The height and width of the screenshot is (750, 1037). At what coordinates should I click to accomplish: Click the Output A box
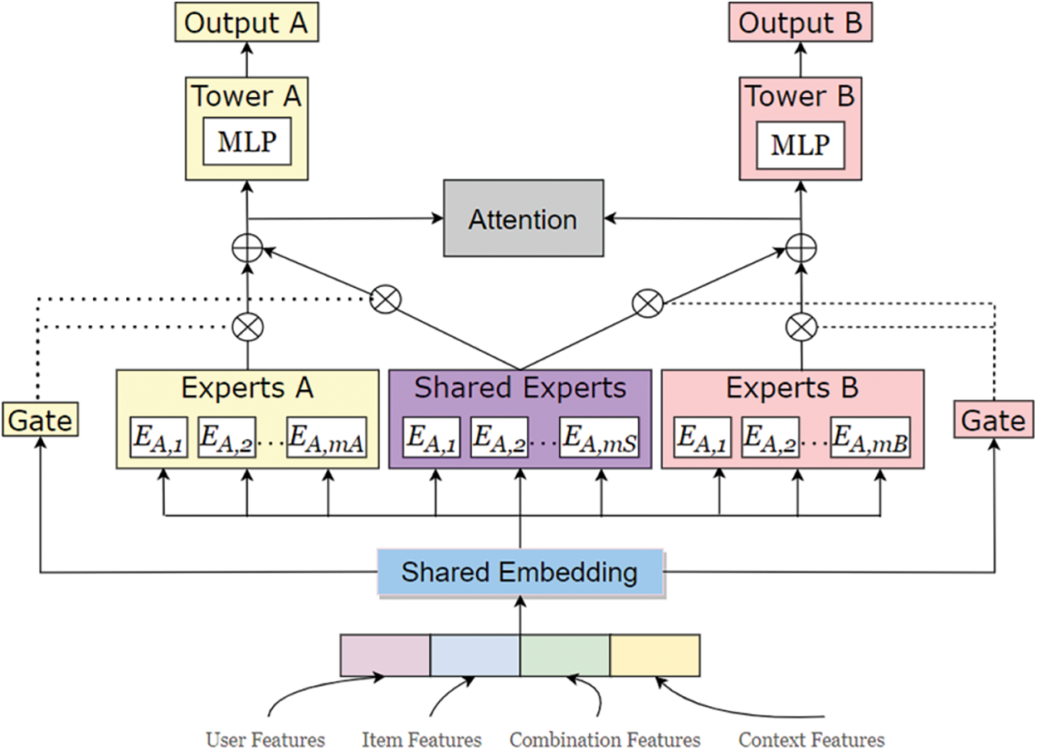pyautogui.click(x=246, y=23)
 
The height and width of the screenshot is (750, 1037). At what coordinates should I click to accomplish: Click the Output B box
pyautogui.click(x=800, y=23)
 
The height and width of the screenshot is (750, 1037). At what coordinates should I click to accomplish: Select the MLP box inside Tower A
pyautogui.click(x=246, y=144)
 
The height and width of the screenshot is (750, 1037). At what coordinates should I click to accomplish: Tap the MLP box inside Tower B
pyautogui.click(x=800, y=144)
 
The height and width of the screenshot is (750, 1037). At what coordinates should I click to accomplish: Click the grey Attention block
pyautogui.click(x=523, y=220)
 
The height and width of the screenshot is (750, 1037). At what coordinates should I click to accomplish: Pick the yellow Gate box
pyautogui.click(x=39, y=420)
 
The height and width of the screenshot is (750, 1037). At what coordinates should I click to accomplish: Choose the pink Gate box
pyautogui.click(x=992, y=420)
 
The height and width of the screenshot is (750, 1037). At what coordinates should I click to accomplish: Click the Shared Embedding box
pyautogui.click(x=520, y=572)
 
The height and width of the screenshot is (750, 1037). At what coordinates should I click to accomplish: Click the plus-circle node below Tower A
pyautogui.click(x=247, y=247)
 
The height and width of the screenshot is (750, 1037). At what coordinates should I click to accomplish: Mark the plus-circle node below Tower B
pyautogui.click(x=801, y=247)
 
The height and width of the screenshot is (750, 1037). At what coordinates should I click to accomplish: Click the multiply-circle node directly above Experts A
pyautogui.click(x=247, y=326)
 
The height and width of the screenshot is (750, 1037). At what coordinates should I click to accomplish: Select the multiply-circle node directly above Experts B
pyautogui.click(x=801, y=326)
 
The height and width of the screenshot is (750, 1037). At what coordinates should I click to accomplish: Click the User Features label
pyautogui.click(x=265, y=739)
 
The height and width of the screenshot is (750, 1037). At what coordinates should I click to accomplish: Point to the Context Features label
pyautogui.click(x=811, y=739)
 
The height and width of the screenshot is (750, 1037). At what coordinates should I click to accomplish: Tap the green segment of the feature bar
pyautogui.click(x=565, y=655)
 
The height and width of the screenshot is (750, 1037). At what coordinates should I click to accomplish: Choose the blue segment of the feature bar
pyautogui.click(x=475, y=655)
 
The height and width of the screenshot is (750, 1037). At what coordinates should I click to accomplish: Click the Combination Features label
pyautogui.click(x=605, y=739)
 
